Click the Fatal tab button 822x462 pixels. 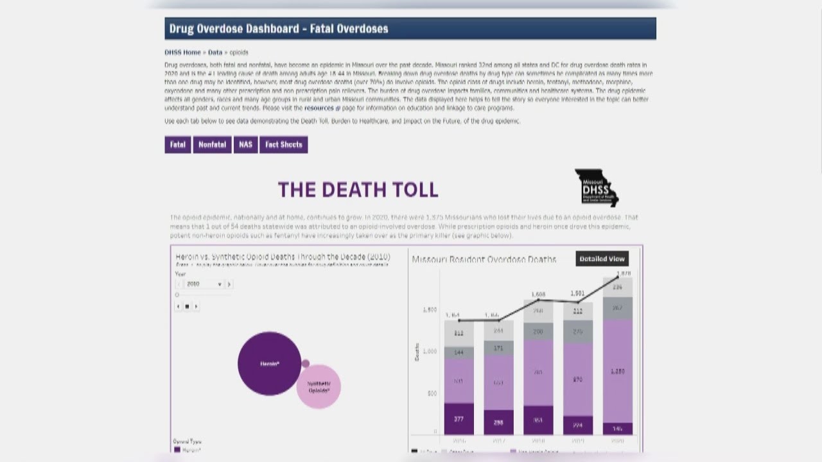[178, 145]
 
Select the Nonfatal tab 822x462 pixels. [212, 145]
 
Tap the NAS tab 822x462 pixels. [245, 145]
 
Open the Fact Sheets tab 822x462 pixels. [283, 145]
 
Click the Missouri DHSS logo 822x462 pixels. [596, 188]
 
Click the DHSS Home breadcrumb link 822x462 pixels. [182, 53]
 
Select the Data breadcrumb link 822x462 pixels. [215, 53]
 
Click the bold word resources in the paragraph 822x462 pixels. [319, 108]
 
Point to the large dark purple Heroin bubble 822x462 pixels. [269, 363]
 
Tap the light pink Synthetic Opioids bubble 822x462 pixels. [319, 387]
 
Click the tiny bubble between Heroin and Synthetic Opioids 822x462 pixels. [306, 363]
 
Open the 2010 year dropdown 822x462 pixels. [204, 284]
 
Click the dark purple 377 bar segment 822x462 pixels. [459, 419]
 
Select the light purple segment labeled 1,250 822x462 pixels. [617, 371]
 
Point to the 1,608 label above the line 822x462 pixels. [538, 295]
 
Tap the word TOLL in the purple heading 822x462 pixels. [408, 190]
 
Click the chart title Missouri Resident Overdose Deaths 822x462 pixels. [484, 259]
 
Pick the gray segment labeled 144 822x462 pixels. [459, 353]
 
